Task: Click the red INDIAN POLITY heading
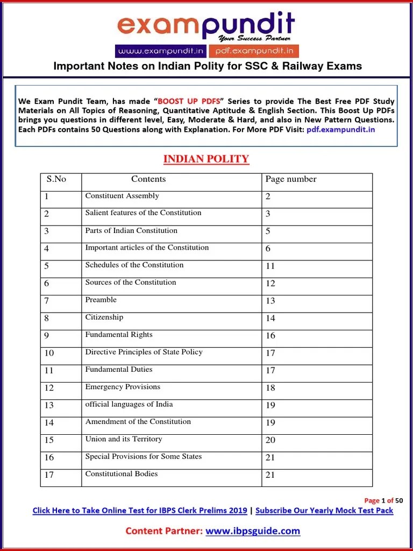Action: (x=206, y=159)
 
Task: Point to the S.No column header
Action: (x=56, y=179)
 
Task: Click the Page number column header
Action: (x=291, y=179)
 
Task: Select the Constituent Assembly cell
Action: (x=122, y=196)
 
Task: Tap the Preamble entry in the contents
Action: (x=101, y=300)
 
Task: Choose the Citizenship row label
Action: (x=104, y=317)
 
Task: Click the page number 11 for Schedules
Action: (x=270, y=266)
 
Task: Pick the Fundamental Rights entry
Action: (x=119, y=335)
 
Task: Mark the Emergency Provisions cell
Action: (x=123, y=387)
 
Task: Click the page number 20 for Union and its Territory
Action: (x=270, y=440)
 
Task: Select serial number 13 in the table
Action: (x=49, y=405)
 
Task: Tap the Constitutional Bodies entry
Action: (x=122, y=474)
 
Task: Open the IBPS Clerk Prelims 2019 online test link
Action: (x=140, y=510)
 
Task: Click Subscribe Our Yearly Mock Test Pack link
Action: (x=324, y=510)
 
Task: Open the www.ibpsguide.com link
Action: (x=253, y=531)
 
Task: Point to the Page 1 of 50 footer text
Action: (x=383, y=500)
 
